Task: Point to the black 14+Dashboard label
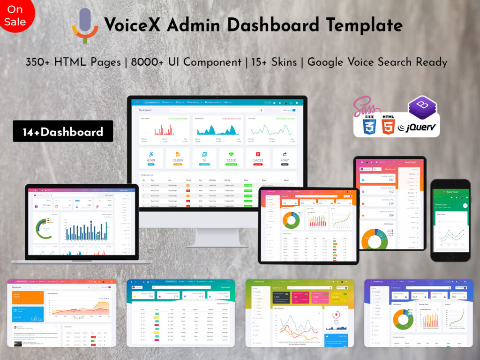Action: point(63,132)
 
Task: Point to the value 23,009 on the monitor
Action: point(178,160)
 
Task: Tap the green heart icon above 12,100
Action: point(231,154)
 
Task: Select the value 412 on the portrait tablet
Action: point(391,191)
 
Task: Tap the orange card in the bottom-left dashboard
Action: point(28,297)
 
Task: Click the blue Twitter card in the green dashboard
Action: point(336,339)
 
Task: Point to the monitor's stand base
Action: point(217,244)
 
